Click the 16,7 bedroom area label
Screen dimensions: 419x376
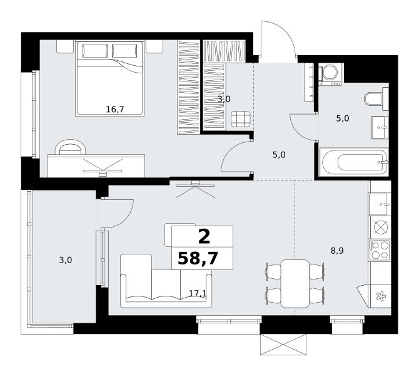coord(115,109)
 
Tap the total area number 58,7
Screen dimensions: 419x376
coord(198,258)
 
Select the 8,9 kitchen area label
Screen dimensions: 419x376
coord(337,251)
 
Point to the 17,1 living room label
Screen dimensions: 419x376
coord(198,293)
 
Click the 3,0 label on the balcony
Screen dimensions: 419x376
coord(66,260)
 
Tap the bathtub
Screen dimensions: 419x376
coord(354,162)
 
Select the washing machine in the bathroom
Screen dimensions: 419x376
coord(330,74)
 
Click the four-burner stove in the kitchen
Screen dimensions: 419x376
coord(380,250)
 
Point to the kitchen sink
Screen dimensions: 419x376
coord(380,204)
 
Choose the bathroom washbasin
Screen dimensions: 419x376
coord(380,127)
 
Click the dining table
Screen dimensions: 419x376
coord(295,283)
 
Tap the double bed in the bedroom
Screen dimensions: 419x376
coord(110,78)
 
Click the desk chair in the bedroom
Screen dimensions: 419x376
coord(71,148)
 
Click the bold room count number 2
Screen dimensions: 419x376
coord(204,237)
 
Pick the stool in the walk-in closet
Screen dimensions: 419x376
coord(241,119)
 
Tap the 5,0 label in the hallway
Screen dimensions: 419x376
coord(279,155)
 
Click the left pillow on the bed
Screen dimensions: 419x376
coord(95,51)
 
